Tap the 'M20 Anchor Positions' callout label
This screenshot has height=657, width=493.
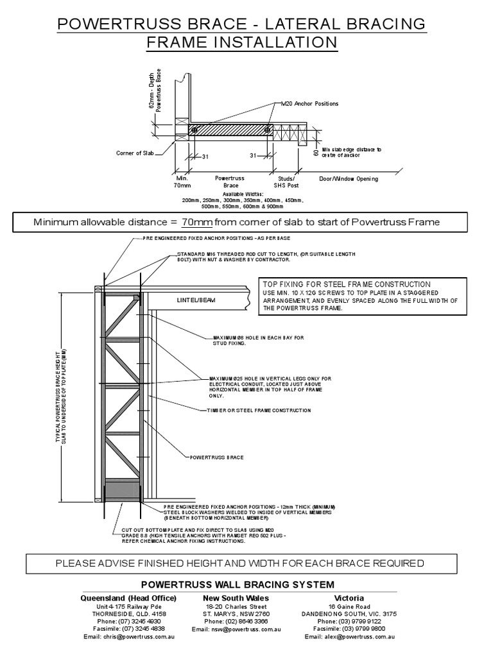309,103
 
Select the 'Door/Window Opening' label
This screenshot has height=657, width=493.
349,178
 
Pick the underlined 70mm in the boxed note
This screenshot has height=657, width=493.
196,222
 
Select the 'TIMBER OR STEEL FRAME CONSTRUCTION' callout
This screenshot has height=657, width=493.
259,410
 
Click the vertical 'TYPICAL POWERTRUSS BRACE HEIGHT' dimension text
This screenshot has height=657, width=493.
60,398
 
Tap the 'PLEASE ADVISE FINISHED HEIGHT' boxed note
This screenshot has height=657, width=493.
240,563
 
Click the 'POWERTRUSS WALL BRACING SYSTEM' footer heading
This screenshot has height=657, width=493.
237,584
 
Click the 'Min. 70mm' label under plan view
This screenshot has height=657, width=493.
183,182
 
